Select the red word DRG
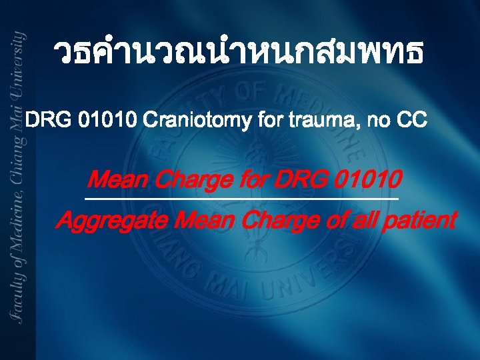tap(293, 179)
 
